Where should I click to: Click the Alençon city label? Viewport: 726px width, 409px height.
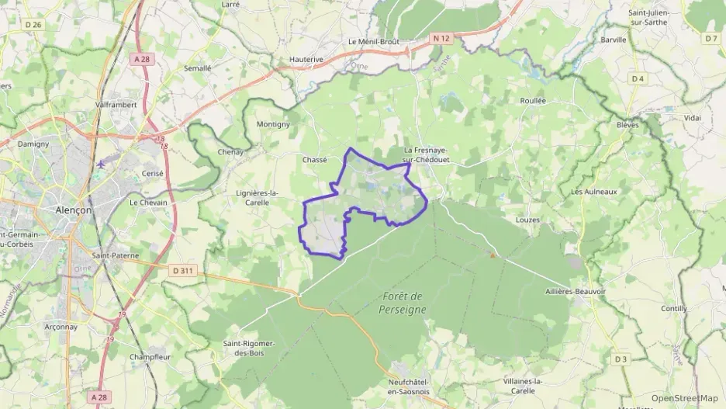click(x=73, y=210)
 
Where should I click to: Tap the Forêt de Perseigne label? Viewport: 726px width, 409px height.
click(x=402, y=303)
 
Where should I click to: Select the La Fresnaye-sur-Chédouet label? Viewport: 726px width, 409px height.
click(x=426, y=154)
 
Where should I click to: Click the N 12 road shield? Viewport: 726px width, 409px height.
click(x=441, y=37)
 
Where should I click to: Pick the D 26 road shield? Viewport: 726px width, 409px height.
click(x=32, y=25)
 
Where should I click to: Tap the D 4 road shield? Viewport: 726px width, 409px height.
click(x=638, y=79)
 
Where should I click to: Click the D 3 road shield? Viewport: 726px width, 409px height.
click(x=620, y=359)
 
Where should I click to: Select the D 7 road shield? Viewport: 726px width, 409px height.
click(x=711, y=38)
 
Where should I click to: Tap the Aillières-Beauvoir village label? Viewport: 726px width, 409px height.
click(x=576, y=291)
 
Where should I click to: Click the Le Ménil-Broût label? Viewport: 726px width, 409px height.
click(x=374, y=42)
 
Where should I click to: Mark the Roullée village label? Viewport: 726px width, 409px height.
click(x=532, y=101)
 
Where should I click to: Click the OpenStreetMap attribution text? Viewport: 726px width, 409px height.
click(x=684, y=398)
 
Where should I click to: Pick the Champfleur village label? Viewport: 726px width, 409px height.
click(x=150, y=357)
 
